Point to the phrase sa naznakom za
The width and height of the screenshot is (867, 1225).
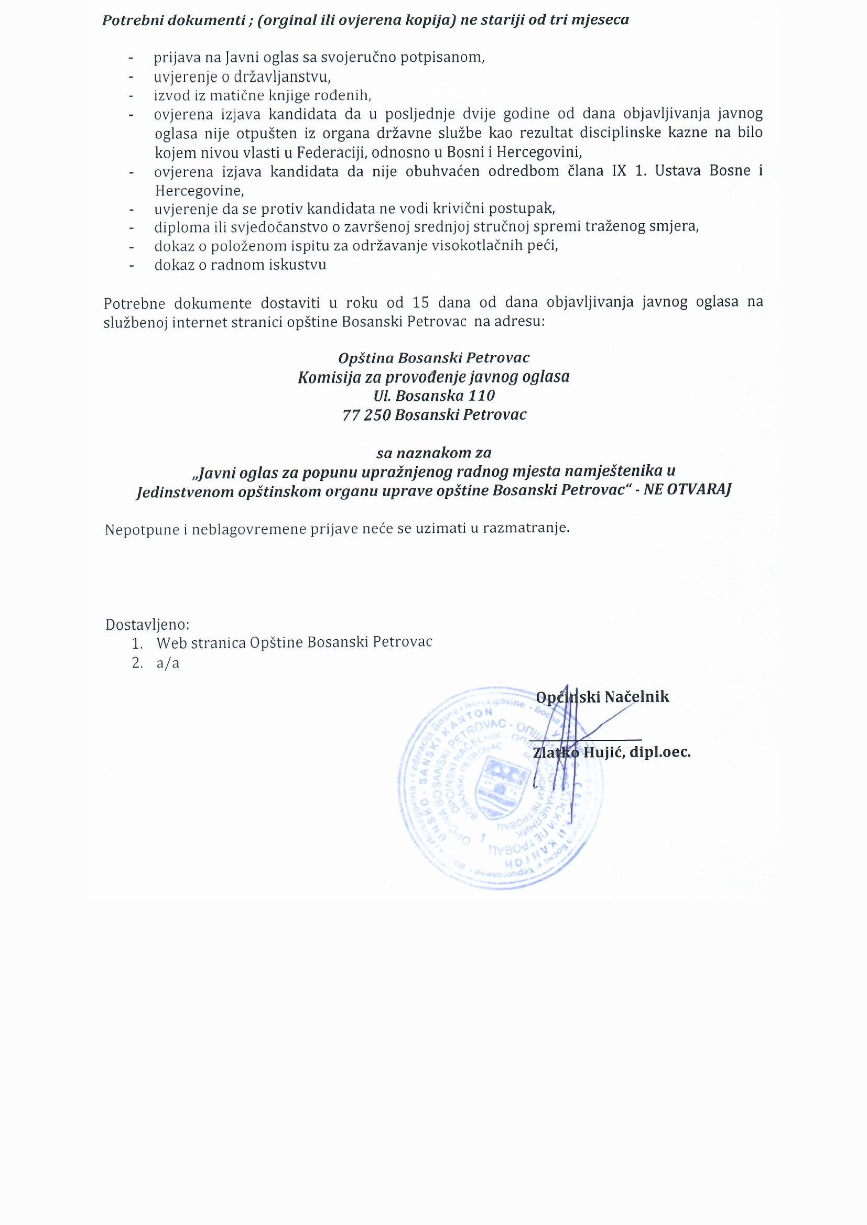[433, 453]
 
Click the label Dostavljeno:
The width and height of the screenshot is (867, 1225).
[147, 624]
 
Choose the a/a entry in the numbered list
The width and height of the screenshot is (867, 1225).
[168, 664]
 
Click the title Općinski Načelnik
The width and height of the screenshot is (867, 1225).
[602, 697]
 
